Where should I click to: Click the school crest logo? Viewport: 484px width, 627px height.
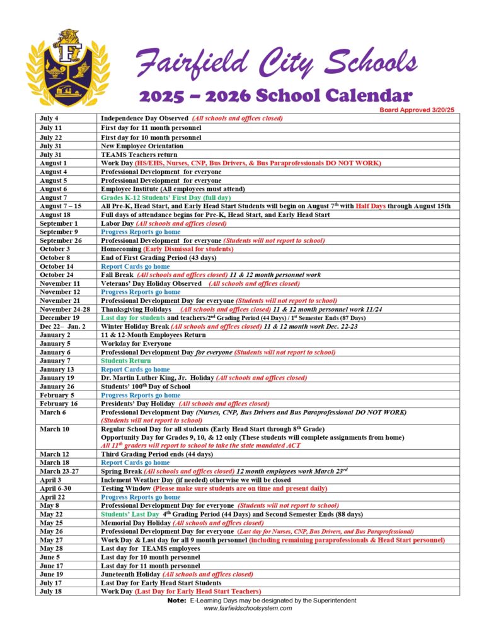click(67, 68)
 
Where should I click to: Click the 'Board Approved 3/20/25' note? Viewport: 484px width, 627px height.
click(417, 110)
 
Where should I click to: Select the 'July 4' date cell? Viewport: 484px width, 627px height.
click(49, 119)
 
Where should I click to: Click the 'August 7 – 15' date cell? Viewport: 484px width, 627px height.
click(60, 206)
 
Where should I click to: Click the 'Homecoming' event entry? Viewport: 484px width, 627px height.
click(121, 249)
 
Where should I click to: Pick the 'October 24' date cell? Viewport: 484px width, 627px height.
click(57, 275)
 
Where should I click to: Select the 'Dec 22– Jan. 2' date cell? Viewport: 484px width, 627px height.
click(60, 327)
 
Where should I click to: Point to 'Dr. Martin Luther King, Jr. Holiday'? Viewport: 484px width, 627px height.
click(157, 378)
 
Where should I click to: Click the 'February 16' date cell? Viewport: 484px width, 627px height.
click(59, 404)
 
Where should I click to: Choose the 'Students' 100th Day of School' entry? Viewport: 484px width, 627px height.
click(146, 387)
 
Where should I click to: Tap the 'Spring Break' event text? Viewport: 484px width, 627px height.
click(121, 471)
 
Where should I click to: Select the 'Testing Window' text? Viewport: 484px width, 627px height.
click(125, 488)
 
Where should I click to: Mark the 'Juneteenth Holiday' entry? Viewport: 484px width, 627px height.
click(130, 575)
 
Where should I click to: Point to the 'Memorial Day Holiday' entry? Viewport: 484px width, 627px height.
click(135, 523)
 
